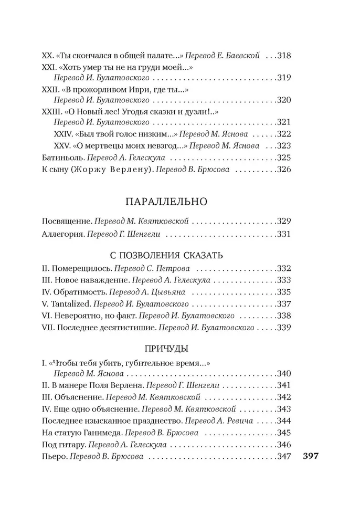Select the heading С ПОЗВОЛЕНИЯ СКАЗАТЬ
(x=166, y=255)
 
